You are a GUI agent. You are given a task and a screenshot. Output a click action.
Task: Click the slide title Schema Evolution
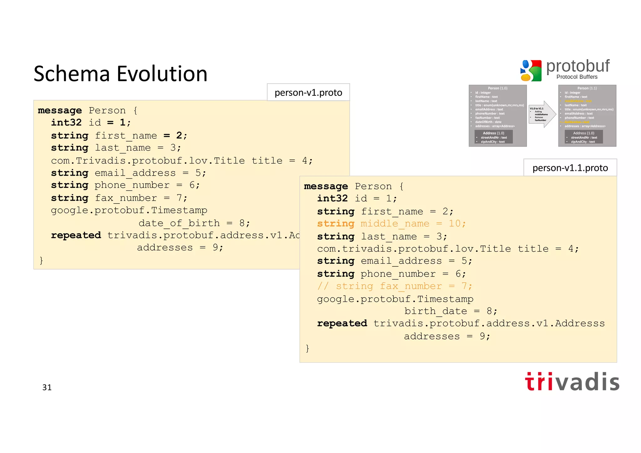121,74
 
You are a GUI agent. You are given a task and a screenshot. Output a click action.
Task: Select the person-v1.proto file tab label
308,93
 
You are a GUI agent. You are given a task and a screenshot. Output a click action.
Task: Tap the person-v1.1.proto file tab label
570,168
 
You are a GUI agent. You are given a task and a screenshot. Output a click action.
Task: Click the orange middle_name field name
395,224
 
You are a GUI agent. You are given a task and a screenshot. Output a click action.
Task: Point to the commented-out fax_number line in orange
394,286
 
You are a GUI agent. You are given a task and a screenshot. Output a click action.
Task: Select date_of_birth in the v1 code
179,223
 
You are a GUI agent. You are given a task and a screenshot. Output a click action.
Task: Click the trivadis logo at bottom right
572,382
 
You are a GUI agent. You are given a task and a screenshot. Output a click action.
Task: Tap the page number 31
47,388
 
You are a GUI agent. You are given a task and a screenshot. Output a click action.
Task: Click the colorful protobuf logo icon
531,70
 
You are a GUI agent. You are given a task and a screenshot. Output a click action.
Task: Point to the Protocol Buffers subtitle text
577,77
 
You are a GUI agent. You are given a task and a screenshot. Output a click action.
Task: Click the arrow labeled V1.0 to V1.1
542,114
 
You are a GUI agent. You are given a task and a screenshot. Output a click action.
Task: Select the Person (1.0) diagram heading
497,88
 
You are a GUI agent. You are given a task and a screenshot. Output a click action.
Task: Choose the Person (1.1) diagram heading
587,88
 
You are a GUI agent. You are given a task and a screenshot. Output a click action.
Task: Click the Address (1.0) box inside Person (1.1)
583,137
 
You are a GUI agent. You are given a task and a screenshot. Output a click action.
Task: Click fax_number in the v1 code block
126,198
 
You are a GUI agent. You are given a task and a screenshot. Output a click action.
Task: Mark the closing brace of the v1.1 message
307,348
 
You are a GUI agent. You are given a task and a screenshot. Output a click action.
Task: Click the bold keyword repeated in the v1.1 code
342,323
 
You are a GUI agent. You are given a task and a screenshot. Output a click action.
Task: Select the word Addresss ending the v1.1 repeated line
580,323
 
